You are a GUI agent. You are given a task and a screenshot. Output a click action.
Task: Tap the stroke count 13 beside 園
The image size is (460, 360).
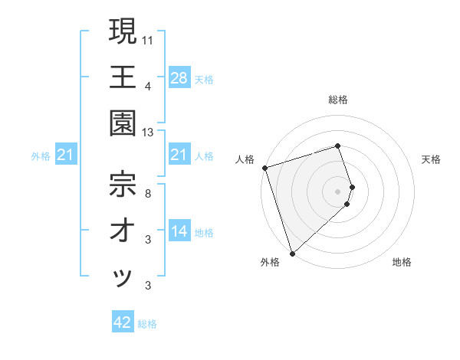coord(149,133)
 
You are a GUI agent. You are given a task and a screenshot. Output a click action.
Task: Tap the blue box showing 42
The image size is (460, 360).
coord(123,322)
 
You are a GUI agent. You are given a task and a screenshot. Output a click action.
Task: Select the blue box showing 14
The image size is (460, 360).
coord(179,231)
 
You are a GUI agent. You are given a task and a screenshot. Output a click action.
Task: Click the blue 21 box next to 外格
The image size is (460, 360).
coord(66,156)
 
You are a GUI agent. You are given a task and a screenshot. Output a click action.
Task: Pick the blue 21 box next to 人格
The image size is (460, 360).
coord(179,155)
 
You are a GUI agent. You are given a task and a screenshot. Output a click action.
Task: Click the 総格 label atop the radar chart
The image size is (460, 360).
coord(338,100)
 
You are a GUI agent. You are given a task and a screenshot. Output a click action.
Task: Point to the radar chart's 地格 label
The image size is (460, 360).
coord(402,263)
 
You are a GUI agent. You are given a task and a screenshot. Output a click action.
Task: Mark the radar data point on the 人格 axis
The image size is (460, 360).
coord(264,167)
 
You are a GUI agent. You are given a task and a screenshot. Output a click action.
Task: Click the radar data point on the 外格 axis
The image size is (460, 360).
coord(293,253)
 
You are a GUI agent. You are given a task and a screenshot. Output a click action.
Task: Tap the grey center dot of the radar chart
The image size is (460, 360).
coord(338,191)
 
